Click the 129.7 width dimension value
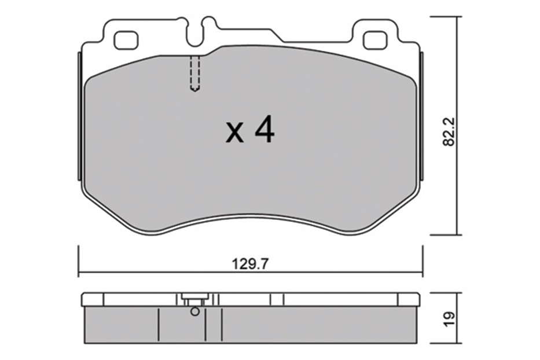pyautogui.click(x=250, y=265)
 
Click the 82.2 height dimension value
pyautogui.click(x=450, y=132)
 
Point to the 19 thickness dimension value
pyautogui.click(x=450, y=319)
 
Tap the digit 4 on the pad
pyautogui.click(x=265, y=130)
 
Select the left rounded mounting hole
pyautogui.click(x=126, y=41)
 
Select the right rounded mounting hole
pyautogui.click(x=376, y=41)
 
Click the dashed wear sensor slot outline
pyautogui.click(x=195, y=74)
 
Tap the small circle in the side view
pyautogui.click(x=195, y=312)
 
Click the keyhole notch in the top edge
pyautogui.click(x=200, y=32)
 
